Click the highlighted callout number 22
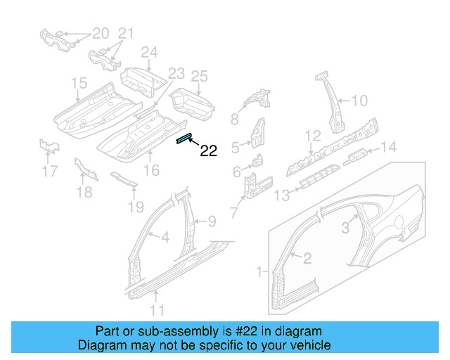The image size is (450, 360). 209,150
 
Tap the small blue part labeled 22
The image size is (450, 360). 184,138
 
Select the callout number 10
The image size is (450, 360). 359,101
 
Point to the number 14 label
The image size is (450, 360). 389,146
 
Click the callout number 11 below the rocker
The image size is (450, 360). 157,310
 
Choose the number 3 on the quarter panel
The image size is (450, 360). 345,227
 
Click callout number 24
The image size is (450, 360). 149,52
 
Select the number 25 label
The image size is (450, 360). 200,75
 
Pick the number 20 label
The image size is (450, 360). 101,32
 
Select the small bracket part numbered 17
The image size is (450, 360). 49,147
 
